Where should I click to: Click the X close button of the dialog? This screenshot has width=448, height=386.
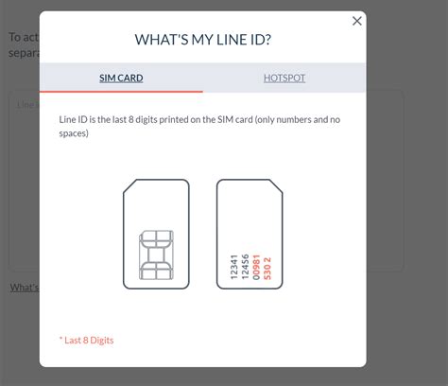point(356,21)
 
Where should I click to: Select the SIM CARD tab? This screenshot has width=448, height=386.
point(121,78)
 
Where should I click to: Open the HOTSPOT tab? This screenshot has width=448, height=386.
point(284,78)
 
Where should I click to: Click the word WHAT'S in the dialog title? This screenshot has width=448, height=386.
point(165,40)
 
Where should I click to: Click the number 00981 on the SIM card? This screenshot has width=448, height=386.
point(256,266)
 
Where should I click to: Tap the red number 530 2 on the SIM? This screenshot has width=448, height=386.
point(267,266)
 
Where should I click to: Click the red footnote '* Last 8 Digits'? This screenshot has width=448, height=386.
point(86,340)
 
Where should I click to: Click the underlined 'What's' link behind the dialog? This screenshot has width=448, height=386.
point(25,288)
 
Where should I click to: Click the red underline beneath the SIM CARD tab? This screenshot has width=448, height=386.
point(121,91)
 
